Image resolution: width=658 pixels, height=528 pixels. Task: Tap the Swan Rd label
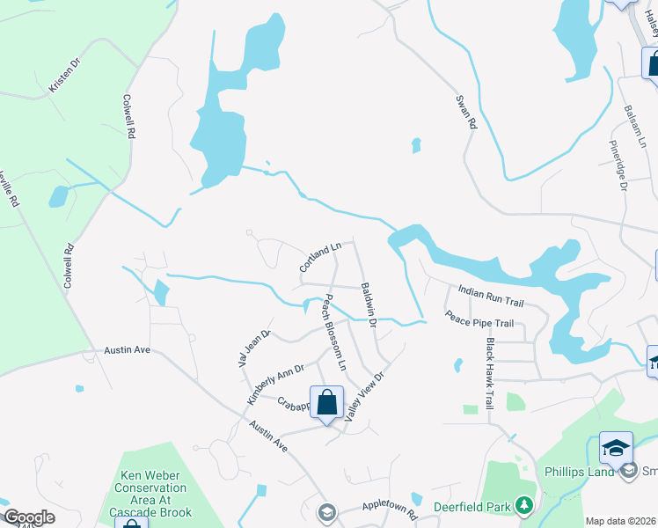(465, 113)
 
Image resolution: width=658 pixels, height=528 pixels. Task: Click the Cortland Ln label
(319, 257)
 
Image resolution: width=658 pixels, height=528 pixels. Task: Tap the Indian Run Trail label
(490, 296)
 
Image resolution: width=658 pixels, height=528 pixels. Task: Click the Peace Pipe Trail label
(479, 324)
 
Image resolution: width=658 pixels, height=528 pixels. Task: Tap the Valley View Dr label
(366, 395)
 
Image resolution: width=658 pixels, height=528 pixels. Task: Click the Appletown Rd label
(388, 509)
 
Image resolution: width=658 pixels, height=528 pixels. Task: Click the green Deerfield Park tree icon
(524, 505)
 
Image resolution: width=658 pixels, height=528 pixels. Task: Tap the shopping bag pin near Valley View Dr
(327, 402)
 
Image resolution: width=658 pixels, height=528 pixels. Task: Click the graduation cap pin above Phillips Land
(616, 448)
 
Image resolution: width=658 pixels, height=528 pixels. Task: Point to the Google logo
(28, 517)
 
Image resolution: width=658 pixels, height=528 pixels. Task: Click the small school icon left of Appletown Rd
(327, 511)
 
